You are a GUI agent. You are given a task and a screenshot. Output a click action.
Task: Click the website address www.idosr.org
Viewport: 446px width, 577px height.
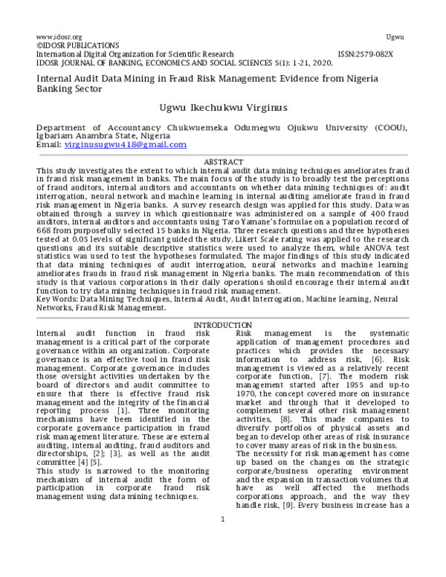click(59, 36)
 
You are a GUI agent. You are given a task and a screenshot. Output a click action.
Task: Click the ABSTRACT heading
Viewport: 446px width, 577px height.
click(223, 162)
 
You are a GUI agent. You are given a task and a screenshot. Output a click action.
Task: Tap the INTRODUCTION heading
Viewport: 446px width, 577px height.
click(222, 326)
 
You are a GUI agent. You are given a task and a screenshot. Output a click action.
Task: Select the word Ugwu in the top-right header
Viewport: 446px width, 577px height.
click(395, 36)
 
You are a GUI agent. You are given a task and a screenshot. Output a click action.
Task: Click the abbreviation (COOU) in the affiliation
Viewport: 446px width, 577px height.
click(387, 128)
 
